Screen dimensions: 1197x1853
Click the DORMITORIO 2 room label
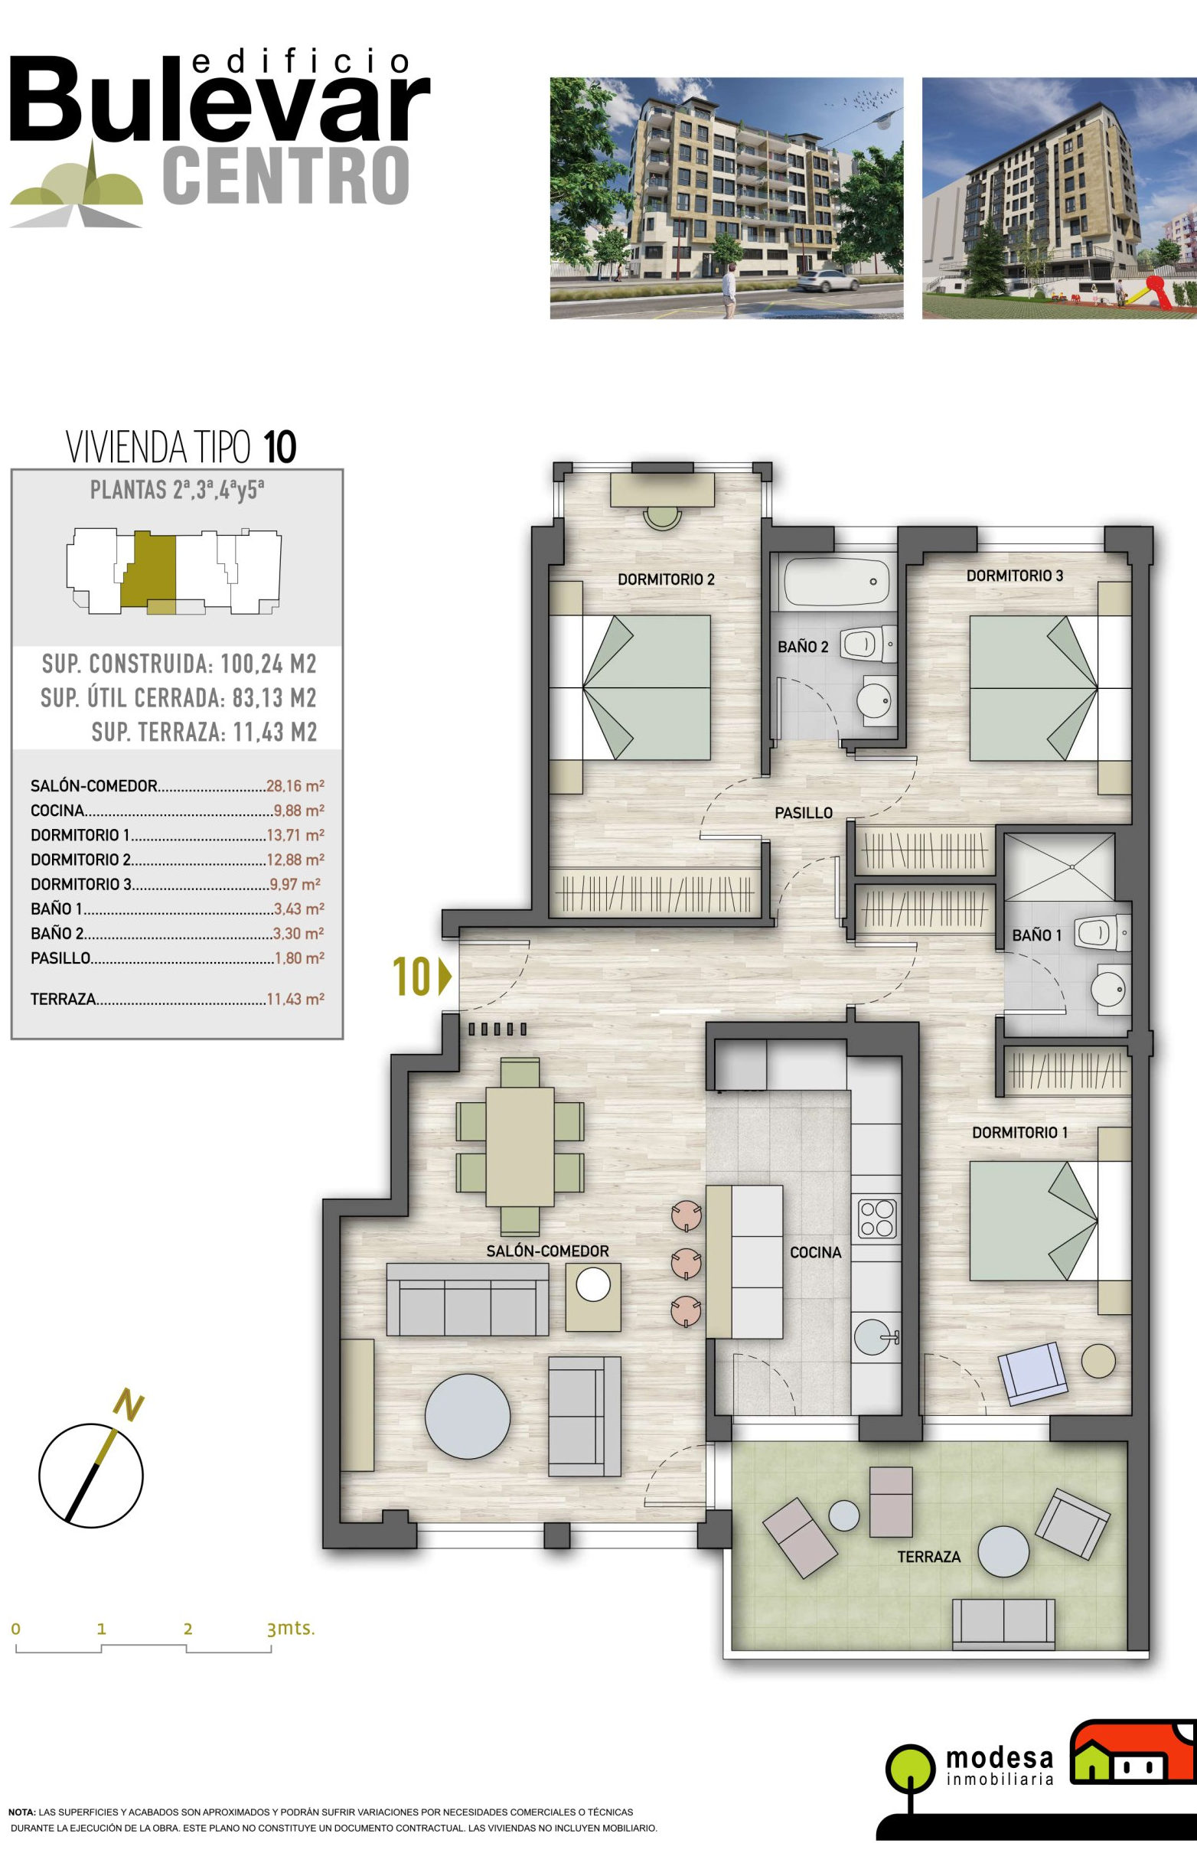pyautogui.click(x=665, y=579)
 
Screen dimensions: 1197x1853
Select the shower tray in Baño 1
pyautogui.click(x=1059, y=866)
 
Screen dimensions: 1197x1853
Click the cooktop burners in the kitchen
pyautogui.click(x=878, y=1218)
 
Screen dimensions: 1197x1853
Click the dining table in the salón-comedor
pyautogui.click(x=520, y=1147)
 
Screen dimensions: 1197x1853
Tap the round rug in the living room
pyautogui.click(x=468, y=1416)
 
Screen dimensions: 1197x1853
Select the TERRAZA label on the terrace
pyautogui.click(x=929, y=1556)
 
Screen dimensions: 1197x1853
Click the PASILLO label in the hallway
pyautogui.click(x=803, y=813)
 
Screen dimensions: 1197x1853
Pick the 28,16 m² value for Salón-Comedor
pyautogui.click(x=295, y=786)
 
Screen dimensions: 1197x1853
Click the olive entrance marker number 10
pyautogui.click(x=412, y=977)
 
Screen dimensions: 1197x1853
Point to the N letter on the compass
pyautogui.click(x=129, y=1405)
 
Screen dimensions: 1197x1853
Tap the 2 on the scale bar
pyautogui.click(x=188, y=1630)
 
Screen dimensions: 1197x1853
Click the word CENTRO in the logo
pyautogui.click(x=286, y=176)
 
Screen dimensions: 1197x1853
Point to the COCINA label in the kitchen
pyautogui.click(x=815, y=1252)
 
